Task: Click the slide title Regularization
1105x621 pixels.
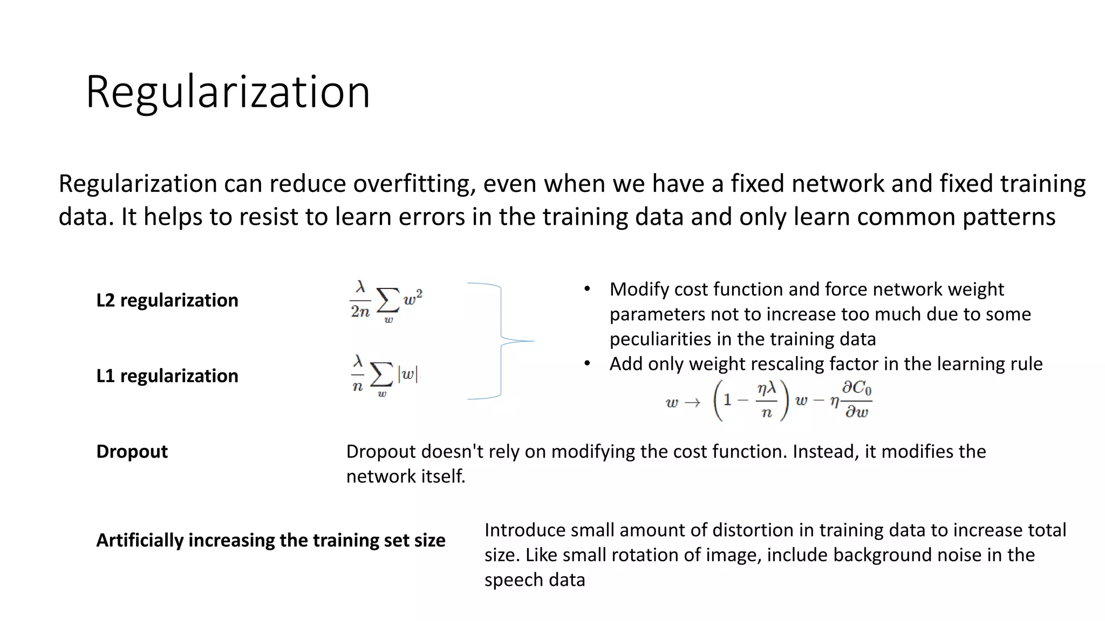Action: point(228,92)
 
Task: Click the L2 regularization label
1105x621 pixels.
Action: point(167,300)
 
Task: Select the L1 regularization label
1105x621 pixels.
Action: point(167,376)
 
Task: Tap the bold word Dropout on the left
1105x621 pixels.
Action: point(132,451)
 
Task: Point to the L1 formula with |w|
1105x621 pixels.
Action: point(384,375)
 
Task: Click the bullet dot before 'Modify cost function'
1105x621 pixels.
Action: point(587,289)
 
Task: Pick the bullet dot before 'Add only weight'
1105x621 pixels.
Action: point(587,363)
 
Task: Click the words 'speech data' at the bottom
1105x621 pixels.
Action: point(534,580)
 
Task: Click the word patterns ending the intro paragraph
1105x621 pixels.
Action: point(1008,217)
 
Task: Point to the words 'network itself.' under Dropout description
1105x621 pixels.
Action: point(405,477)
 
